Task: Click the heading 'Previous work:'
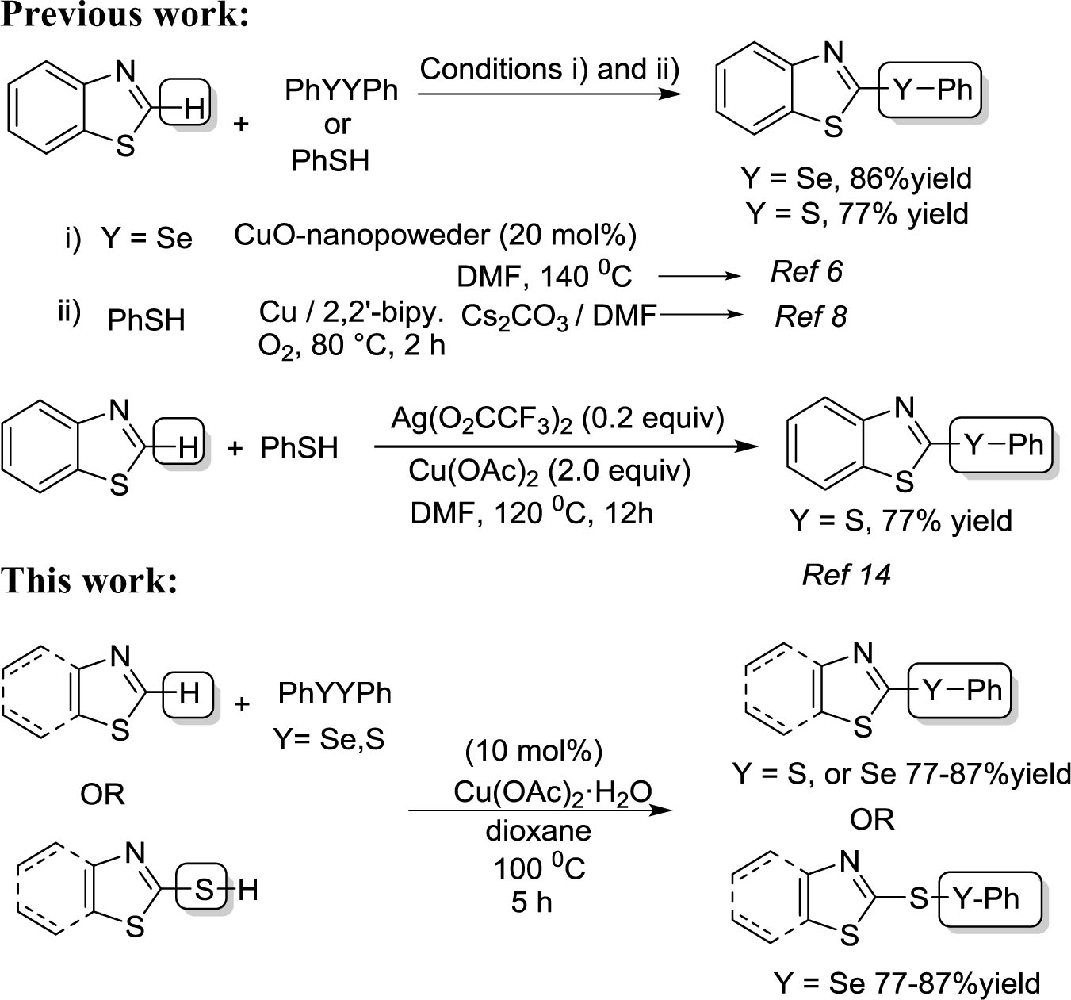(125, 15)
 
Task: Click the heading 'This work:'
(89, 580)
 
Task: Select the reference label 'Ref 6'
(806, 272)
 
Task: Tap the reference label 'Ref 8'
(810, 316)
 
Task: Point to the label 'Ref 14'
(846, 574)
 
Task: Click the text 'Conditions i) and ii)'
(549, 69)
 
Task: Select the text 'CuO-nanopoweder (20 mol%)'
(435, 236)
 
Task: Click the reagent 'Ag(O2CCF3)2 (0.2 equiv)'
(557, 418)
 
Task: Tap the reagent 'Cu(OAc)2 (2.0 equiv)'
(549, 471)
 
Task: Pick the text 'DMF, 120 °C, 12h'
(531, 513)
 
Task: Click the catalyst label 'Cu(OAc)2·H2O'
(553, 791)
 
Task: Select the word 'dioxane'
(538, 830)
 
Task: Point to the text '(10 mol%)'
(534, 749)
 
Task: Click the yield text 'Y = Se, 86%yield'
(856, 178)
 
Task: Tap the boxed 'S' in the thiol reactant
(204, 890)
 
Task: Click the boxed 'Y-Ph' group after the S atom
(989, 898)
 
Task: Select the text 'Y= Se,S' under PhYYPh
(329, 739)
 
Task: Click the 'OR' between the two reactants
(102, 793)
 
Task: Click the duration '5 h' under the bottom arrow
(531, 902)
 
